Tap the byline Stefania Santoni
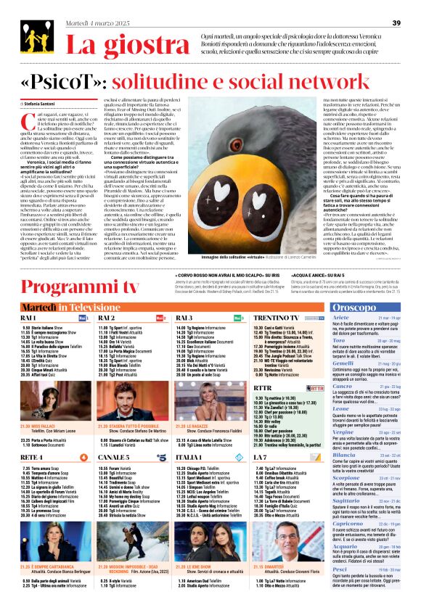click(45, 105)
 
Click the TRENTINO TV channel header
click(274, 298)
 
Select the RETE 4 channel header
click(32, 437)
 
